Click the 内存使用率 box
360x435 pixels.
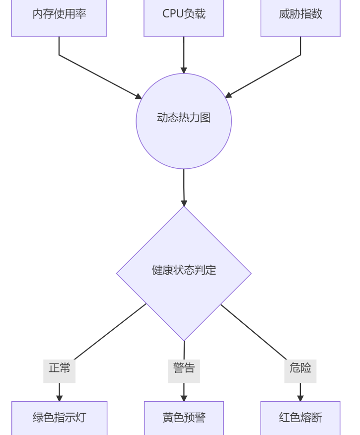pos(59,15)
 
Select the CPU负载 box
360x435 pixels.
pos(184,15)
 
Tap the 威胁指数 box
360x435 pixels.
pos(300,15)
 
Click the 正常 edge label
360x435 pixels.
pos(59,368)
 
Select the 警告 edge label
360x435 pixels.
pos(184,368)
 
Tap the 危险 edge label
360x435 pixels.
pos(300,368)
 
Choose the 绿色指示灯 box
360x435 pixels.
pos(59,418)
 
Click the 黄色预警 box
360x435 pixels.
pos(184,418)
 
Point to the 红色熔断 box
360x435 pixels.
pos(300,418)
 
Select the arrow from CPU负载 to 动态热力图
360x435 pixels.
pos(184,55)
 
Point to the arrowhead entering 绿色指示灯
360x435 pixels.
pos(59,398)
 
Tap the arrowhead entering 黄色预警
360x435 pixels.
pos(184,398)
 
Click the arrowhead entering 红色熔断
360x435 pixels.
pos(300,398)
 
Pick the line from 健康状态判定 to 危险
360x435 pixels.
pos(253,331)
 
